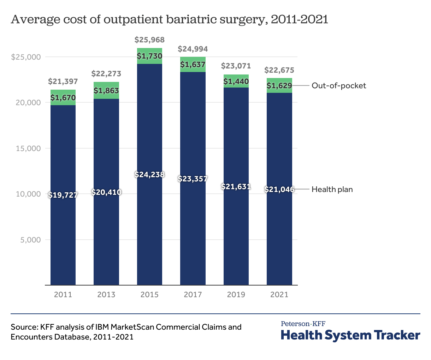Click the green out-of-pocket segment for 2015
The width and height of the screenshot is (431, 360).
point(149,56)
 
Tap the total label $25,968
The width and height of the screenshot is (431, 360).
point(149,40)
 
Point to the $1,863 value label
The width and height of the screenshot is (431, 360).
point(106,91)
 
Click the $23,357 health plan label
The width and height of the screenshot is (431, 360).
point(193,179)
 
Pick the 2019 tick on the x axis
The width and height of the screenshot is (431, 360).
point(236,294)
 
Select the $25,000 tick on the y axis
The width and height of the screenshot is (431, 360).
point(26,57)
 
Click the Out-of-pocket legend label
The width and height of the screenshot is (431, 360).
point(338,86)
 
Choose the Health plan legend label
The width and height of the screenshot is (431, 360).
point(332,190)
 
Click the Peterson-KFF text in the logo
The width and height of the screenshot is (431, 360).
point(303,324)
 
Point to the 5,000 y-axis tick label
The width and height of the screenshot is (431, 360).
point(30,240)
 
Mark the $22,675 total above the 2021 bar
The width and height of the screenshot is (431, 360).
point(279,70)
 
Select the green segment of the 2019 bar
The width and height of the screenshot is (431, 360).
point(236,82)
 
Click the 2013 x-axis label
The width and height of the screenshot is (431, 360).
point(106,294)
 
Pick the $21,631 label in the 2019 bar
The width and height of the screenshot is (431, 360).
point(236,186)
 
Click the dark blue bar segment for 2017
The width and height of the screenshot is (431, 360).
point(193,229)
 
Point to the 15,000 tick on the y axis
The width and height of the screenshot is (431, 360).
point(28,149)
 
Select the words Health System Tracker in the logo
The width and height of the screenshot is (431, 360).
point(350,335)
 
